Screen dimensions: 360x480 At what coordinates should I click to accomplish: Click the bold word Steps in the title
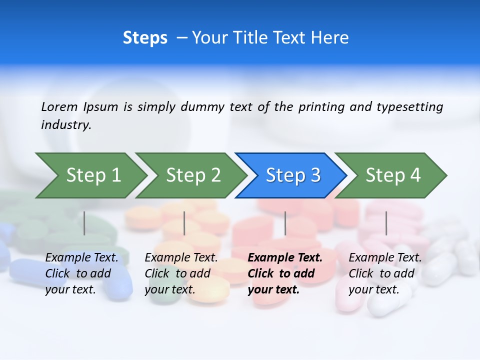pos(145,38)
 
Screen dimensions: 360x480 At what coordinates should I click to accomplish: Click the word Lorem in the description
pos(59,106)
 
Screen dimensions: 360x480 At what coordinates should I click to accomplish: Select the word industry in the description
pos(66,125)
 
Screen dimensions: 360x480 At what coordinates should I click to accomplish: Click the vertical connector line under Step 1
pos(84,223)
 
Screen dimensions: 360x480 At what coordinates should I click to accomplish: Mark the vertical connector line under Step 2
pos(184,223)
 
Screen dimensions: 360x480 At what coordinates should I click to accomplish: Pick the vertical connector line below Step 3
pos(285,223)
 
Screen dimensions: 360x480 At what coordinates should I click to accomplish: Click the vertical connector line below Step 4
pos(386,223)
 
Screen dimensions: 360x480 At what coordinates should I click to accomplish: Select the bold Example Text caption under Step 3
pos(284,273)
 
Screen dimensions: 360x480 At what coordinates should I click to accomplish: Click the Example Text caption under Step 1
pos(81,273)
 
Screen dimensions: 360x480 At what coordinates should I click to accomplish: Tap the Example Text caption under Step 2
pos(181,273)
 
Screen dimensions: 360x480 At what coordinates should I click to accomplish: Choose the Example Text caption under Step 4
pos(385,273)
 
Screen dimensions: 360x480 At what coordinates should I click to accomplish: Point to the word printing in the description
pos(320,107)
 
